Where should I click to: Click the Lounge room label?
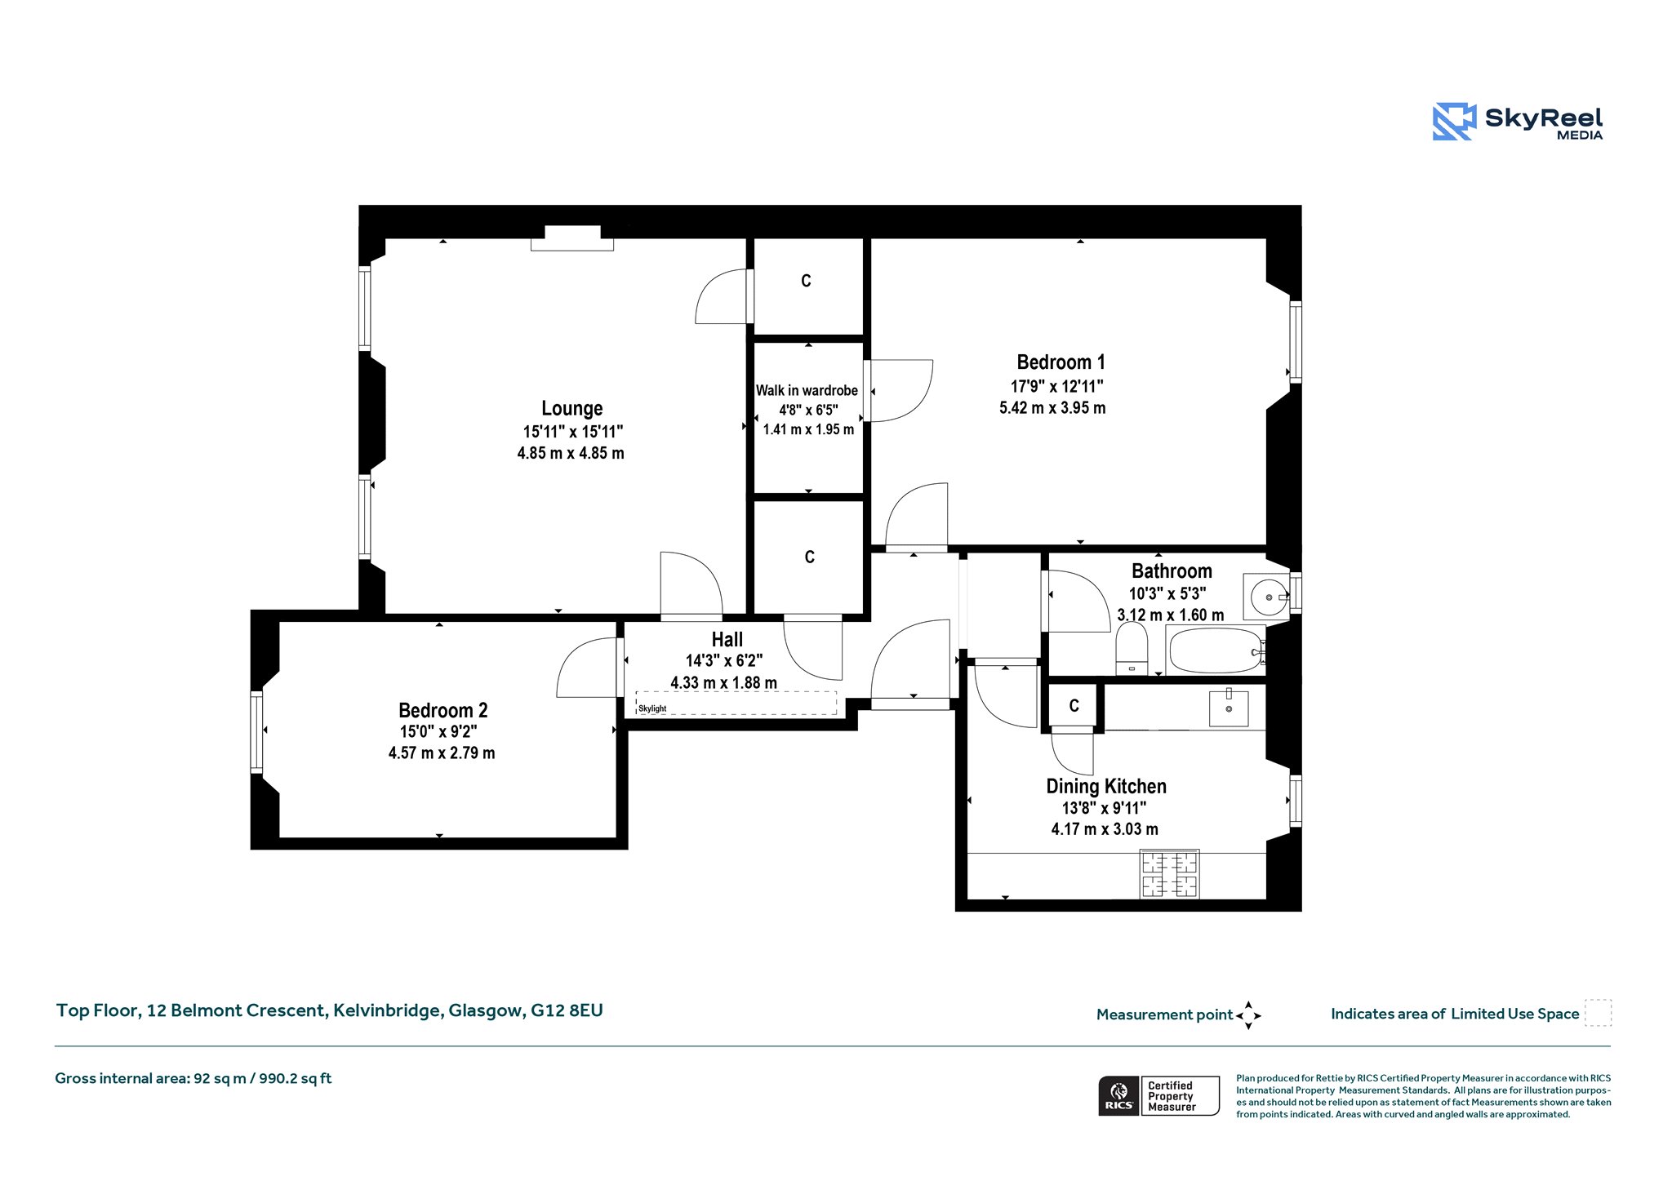coord(571,408)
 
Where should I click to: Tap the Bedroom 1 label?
coord(1061,362)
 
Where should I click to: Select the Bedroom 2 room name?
coord(442,710)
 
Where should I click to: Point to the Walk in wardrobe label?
coord(807,390)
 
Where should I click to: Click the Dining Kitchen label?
coord(1106,786)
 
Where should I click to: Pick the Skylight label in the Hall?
coord(652,708)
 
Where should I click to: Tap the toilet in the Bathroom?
coord(1132,649)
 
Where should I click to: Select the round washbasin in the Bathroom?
coord(1268,597)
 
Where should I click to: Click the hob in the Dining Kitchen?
coord(1170,874)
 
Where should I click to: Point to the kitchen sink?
coord(1229,708)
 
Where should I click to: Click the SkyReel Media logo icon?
coord(1454,122)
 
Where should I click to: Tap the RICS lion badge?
coord(1119,1095)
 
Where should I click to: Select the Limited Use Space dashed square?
coord(1598,1013)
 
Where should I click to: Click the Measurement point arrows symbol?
coord(1248,1015)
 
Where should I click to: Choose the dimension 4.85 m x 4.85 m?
coord(571,453)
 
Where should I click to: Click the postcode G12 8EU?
coord(567,1010)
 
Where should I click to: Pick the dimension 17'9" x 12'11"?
coord(1057,386)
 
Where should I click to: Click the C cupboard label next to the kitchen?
coord(1074,706)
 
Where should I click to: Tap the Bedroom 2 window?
coord(256,732)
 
